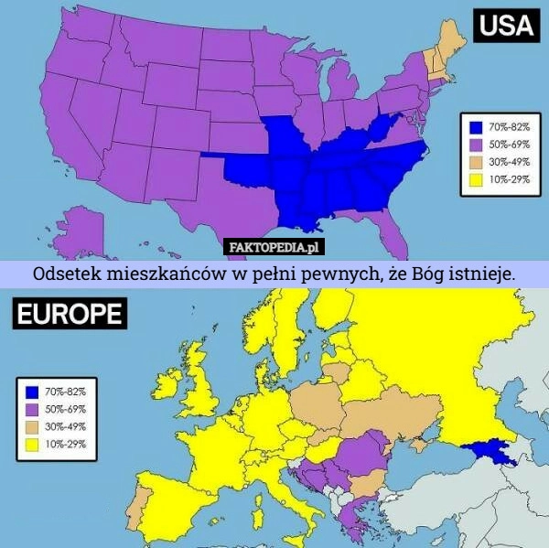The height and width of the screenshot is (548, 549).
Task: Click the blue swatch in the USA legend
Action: (x=475, y=127)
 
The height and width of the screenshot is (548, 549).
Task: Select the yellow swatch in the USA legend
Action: (x=475, y=180)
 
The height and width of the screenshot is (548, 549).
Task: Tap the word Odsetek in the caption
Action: (x=68, y=274)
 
